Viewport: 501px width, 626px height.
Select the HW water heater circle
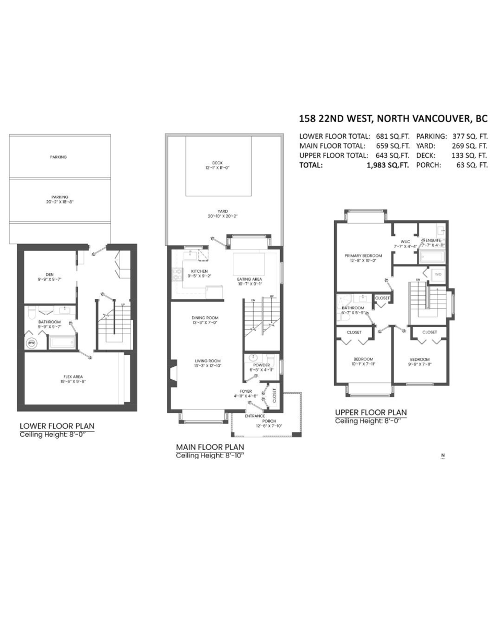point(32,343)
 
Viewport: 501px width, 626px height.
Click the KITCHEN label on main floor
point(199,271)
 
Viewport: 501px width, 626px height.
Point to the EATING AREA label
point(249,279)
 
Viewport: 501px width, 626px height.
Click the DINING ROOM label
point(205,317)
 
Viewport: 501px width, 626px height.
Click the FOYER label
point(246,391)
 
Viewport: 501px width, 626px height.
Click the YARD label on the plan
point(223,211)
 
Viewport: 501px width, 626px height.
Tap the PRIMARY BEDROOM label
point(363,256)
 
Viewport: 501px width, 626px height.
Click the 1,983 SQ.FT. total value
point(388,165)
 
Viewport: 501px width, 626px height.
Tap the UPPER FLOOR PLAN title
point(371,412)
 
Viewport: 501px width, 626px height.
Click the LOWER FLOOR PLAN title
point(57,426)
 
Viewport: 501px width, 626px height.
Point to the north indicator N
point(443,455)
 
